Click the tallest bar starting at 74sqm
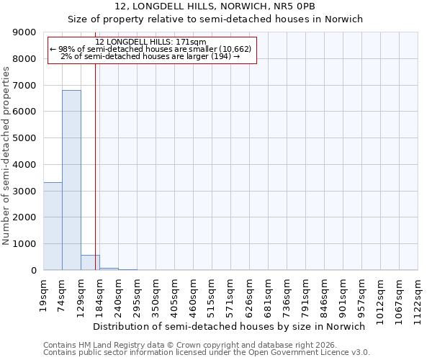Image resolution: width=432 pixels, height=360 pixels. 71,180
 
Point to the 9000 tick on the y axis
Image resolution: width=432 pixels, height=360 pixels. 24,32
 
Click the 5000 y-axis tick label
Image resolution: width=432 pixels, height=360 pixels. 24,138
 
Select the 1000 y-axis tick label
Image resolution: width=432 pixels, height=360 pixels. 24,244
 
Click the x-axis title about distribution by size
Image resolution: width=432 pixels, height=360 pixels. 230,326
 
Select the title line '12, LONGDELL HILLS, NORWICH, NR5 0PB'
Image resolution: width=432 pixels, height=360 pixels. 215,6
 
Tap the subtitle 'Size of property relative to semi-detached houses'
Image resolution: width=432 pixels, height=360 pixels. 215,19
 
